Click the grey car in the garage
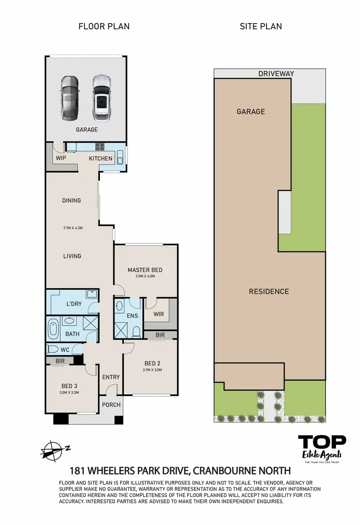coord(69,99)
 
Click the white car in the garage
coord(101,97)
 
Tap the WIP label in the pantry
coord(60,158)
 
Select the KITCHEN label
coord(100,158)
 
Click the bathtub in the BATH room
coord(52,329)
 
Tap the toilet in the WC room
coord(52,349)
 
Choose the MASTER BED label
coord(145,270)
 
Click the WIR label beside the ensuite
coord(159,314)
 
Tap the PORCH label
coord(111,405)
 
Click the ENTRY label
coord(111,377)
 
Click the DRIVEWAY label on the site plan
coord(276,73)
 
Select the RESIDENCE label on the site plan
coord(269,291)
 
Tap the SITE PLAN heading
coord(261,26)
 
